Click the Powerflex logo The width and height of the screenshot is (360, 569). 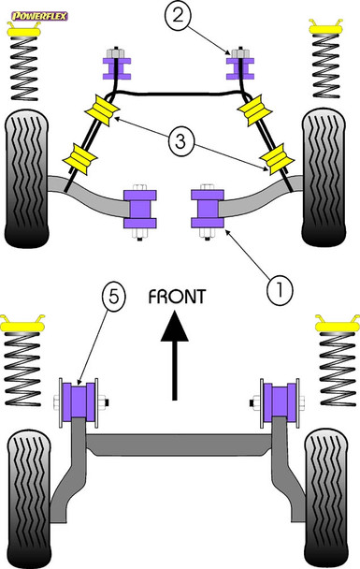tap(39, 16)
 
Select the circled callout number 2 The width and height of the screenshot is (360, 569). tap(178, 16)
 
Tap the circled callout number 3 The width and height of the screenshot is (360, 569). tap(181, 141)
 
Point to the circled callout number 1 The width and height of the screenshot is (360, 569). tap(280, 290)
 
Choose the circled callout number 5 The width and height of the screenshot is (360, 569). tap(113, 298)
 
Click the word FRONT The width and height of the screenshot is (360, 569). tap(177, 297)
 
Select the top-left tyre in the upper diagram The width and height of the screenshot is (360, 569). tap(26, 179)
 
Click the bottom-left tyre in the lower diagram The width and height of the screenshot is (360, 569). tap(28, 498)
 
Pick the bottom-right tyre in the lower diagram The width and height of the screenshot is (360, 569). tap(326, 497)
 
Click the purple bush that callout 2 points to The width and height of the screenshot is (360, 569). tap(240, 68)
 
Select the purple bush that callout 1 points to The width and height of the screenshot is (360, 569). tap(208, 209)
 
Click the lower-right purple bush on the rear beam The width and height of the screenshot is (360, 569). tap(280, 402)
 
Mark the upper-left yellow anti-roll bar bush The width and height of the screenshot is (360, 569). tap(102, 109)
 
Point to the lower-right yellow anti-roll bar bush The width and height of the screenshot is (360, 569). tap(279, 159)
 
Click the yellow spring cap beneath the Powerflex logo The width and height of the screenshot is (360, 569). tap(24, 31)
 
